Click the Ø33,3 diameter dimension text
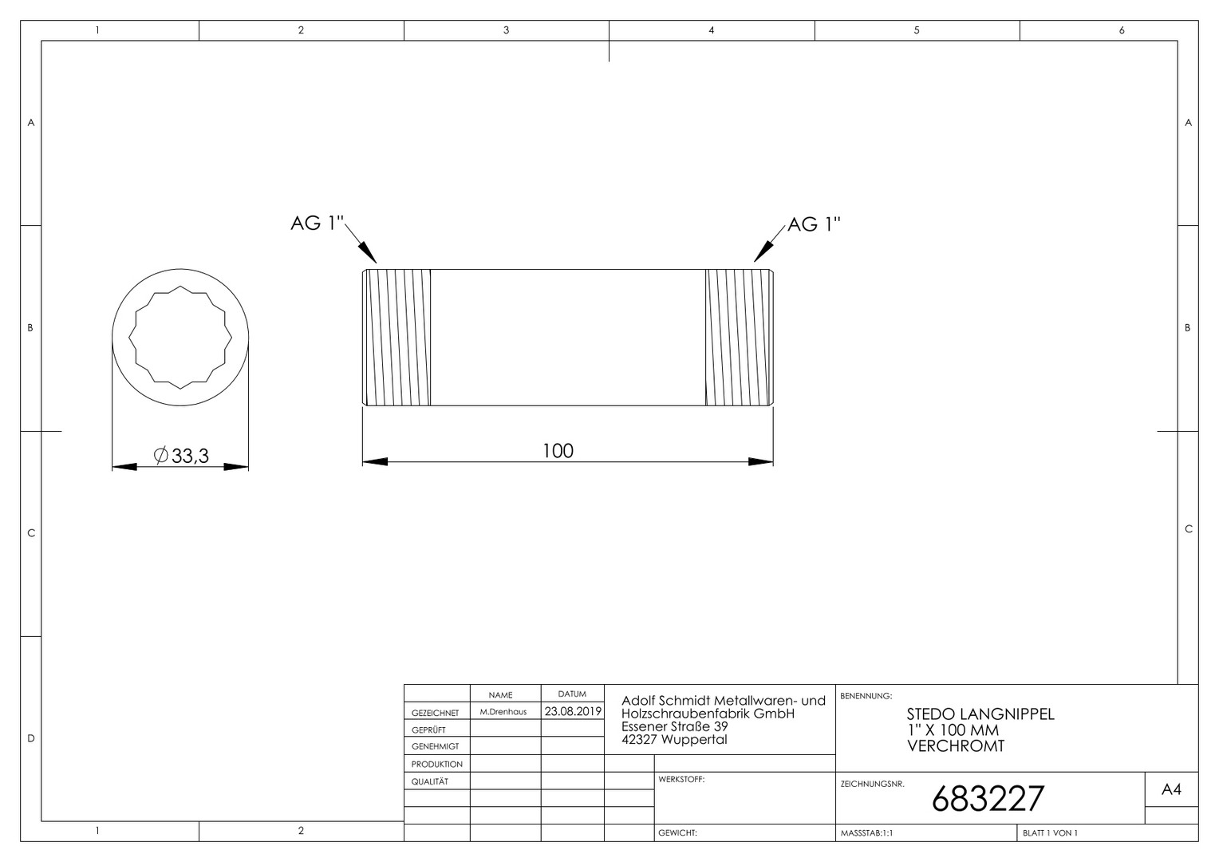(x=181, y=455)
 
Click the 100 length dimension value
(x=558, y=451)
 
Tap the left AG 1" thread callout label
(x=318, y=223)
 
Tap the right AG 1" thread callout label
(x=814, y=223)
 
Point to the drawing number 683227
(x=988, y=798)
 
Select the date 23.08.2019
(x=573, y=711)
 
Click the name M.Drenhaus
(x=503, y=712)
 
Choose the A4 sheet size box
(x=1171, y=789)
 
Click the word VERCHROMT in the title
(x=956, y=746)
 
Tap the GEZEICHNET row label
(x=435, y=713)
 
